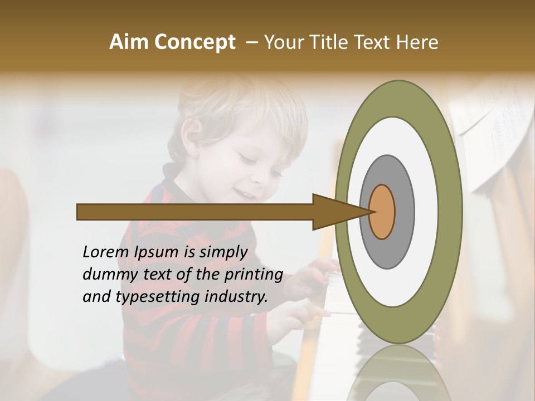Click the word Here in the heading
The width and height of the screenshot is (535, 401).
(419, 42)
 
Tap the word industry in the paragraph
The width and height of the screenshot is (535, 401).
(238, 297)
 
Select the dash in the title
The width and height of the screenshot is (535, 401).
(251, 42)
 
